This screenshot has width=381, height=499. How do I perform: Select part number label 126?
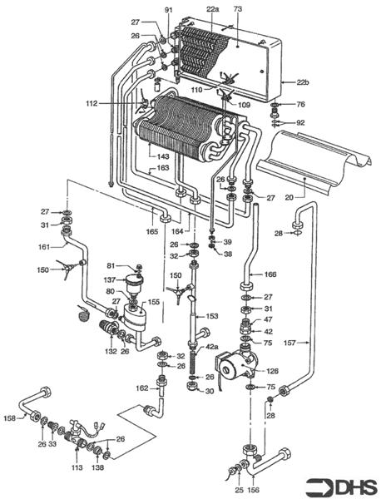[x=272, y=371]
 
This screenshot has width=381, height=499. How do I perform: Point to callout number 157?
[x=289, y=343]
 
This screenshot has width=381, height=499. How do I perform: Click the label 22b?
[x=303, y=82]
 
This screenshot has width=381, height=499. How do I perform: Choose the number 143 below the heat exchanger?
[x=163, y=156]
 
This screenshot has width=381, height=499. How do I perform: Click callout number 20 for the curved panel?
[x=289, y=198]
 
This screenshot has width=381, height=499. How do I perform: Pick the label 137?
[x=110, y=280]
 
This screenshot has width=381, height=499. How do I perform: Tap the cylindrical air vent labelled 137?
[x=135, y=284]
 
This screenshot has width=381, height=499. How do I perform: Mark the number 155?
[x=153, y=302]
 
